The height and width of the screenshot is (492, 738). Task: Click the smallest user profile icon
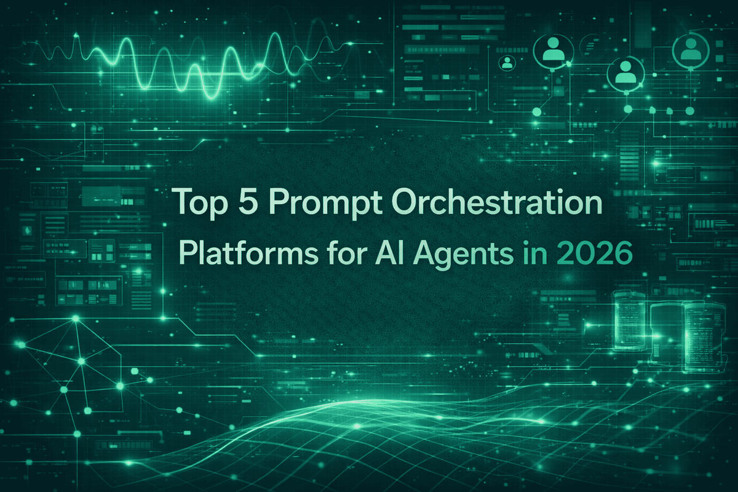point(507,62)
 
